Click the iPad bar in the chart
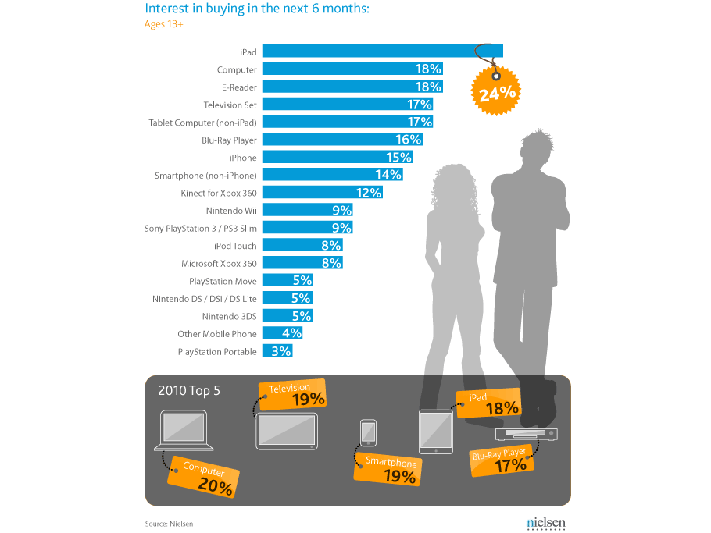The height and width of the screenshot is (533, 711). pos(375,52)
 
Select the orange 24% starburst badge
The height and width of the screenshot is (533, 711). pos(496,93)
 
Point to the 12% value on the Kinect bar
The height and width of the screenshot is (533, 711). pos(369,193)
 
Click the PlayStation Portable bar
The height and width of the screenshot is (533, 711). pos(277,351)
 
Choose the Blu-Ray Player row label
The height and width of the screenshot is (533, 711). pos(229,140)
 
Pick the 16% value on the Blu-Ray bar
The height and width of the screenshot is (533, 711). pos(409,140)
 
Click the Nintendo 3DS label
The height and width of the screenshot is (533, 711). pos(229,316)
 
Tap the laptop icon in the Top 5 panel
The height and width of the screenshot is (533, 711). pos(184,432)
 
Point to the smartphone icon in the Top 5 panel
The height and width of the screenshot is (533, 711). pos(368,433)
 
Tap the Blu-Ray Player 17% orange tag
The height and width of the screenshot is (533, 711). pos(502,460)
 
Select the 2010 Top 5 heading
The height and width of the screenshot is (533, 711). pos(189,389)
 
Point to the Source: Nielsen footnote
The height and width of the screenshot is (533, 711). pos(169,524)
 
